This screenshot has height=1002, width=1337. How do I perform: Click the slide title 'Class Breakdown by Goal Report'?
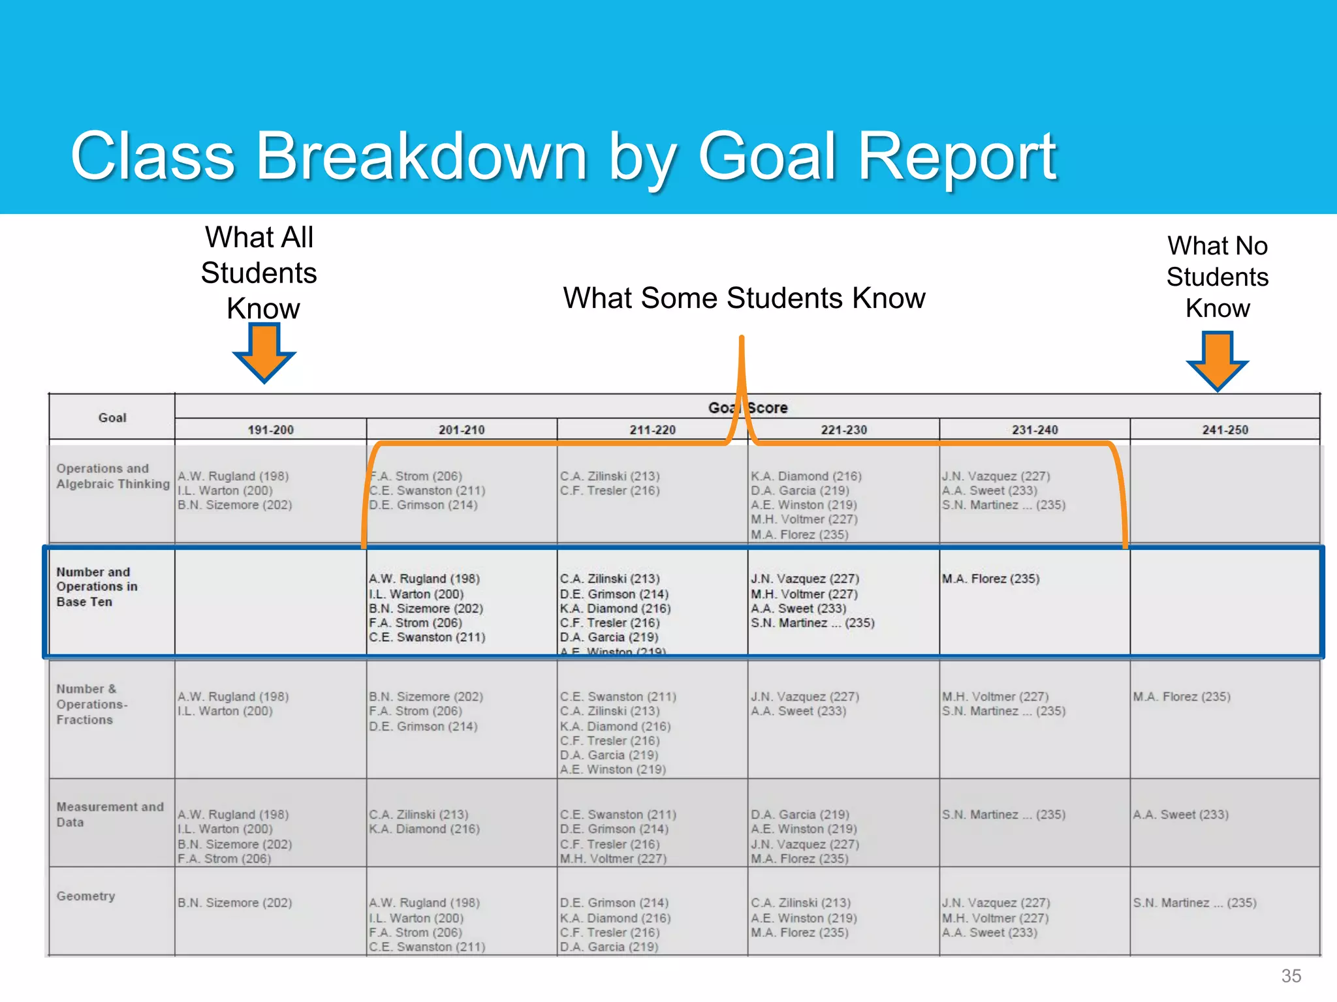(563, 157)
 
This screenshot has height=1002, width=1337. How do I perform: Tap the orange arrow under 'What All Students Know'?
(264, 352)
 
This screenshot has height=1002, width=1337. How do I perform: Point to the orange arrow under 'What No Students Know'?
(1218, 360)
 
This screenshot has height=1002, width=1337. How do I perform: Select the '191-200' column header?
(270, 430)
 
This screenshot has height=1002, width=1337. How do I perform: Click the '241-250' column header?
(1225, 430)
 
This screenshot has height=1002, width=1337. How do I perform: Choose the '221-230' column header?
(843, 430)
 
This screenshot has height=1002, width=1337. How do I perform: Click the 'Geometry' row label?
(86, 896)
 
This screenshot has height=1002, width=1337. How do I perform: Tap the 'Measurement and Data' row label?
(110, 814)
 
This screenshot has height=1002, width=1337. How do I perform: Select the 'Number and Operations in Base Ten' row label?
(97, 586)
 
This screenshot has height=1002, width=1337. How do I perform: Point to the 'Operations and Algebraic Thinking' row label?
(112, 476)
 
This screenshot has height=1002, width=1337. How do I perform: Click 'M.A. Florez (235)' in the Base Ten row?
(990, 579)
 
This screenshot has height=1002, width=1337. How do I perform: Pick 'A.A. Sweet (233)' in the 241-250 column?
(1180, 815)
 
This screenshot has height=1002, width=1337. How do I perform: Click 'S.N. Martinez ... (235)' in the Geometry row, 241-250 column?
(1194, 903)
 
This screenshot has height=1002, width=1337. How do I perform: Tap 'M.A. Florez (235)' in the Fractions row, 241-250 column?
(1181, 697)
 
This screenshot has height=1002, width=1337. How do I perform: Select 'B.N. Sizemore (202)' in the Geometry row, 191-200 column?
(234, 903)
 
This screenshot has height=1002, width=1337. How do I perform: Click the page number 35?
(1291, 976)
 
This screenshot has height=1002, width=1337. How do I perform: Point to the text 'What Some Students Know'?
(744, 298)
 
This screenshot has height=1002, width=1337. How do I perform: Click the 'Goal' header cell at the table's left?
(112, 417)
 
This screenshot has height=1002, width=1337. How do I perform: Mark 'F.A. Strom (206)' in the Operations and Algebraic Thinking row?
(418, 476)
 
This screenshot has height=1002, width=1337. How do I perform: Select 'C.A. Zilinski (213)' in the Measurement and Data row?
(418, 815)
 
